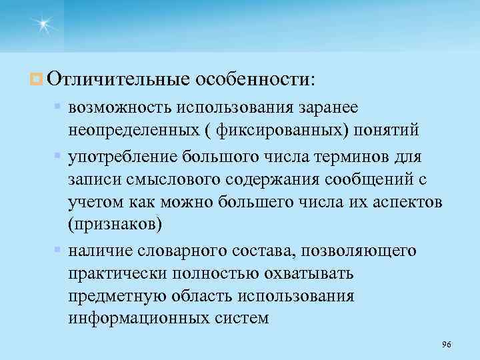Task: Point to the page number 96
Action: pos(447,344)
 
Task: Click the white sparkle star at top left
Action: pos(43,25)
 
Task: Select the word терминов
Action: pos(345,157)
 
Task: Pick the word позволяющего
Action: pos(360,251)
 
